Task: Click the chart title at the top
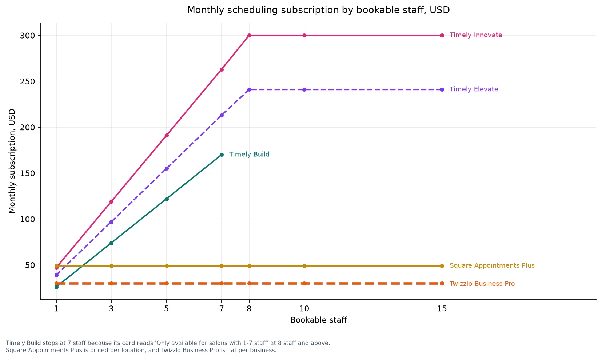(318, 10)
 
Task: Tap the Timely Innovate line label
(476, 35)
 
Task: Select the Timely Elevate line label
(474, 89)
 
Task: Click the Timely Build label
(249, 155)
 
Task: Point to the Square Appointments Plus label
(492, 265)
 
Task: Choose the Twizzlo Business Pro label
(482, 284)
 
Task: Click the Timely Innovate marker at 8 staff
(249, 36)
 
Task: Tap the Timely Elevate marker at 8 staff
(249, 90)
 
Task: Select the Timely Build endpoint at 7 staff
(222, 155)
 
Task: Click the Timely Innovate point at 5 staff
(167, 135)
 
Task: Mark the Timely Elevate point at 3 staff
(111, 222)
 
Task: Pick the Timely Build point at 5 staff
(167, 199)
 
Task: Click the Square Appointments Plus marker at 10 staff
(304, 266)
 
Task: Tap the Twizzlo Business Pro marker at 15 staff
(442, 283)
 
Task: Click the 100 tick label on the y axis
(27, 219)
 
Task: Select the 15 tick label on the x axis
(442, 309)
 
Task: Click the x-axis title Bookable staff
(319, 320)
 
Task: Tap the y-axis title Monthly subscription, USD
(12, 161)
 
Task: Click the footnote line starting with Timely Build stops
(168, 343)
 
